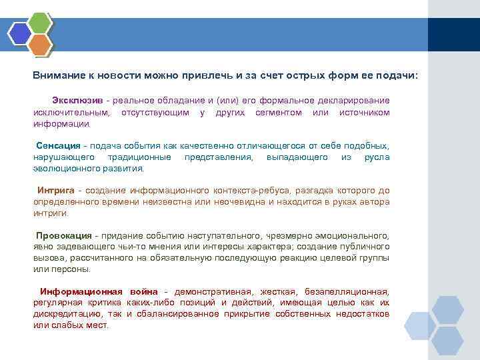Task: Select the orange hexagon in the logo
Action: [x=40, y=45]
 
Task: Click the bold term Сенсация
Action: [x=57, y=145]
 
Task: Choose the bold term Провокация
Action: [x=64, y=235]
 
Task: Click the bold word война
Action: [x=143, y=291]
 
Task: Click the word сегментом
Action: [x=279, y=112]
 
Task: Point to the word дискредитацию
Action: [x=69, y=314]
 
